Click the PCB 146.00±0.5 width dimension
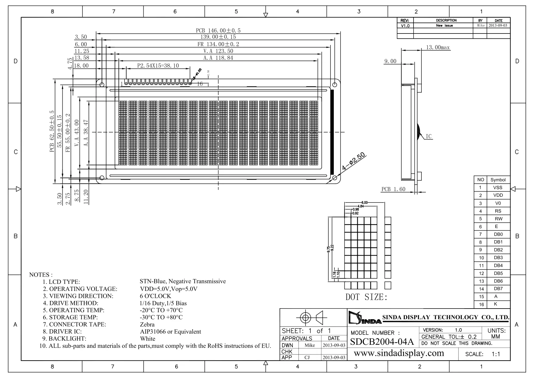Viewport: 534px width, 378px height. coord(218,30)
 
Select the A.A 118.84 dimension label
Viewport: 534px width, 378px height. coord(218,58)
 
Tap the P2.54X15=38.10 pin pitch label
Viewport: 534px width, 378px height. coord(158,65)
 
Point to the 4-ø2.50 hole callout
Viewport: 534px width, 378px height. coord(353,162)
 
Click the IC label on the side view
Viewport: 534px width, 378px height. coord(428,136)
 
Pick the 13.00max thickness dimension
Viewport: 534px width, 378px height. coord(438,48)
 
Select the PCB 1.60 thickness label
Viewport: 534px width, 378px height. coord(393,189)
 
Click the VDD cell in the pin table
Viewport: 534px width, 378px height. coord(498,195)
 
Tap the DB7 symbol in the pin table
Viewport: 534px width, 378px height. coord(498,289)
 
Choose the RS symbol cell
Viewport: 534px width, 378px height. coord(498,211)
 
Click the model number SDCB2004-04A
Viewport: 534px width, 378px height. coord(382,342)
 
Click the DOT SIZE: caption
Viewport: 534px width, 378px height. coord(366,297)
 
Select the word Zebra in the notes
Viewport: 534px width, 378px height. coord(147,324)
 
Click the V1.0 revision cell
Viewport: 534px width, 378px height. coord(405,26)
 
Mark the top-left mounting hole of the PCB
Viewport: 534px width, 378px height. coord(102,84)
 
